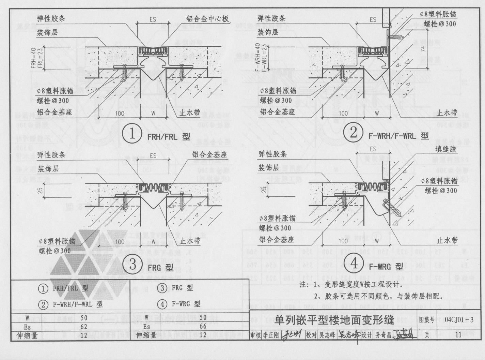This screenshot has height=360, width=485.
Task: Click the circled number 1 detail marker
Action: pos(132,134)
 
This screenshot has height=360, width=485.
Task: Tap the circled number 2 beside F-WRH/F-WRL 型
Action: pos(353,132)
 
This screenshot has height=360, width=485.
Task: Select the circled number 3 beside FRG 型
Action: pos(132,264)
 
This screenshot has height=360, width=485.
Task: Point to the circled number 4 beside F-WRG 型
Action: pos(354,262)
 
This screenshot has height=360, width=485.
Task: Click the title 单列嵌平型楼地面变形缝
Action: pos(334,320)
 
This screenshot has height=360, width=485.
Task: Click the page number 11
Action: pos(458,334)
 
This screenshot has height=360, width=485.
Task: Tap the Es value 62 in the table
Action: pos(83,327)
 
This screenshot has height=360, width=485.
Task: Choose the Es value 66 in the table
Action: pos(203,327)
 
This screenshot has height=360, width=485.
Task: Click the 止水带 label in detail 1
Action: pos(189,113)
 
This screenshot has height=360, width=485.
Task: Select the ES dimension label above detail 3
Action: pos(153,156)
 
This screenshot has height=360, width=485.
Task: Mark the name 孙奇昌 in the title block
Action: pos(383,335)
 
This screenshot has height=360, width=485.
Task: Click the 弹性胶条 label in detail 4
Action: pos(272,154)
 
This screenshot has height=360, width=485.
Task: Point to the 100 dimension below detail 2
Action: pos(343,113)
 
